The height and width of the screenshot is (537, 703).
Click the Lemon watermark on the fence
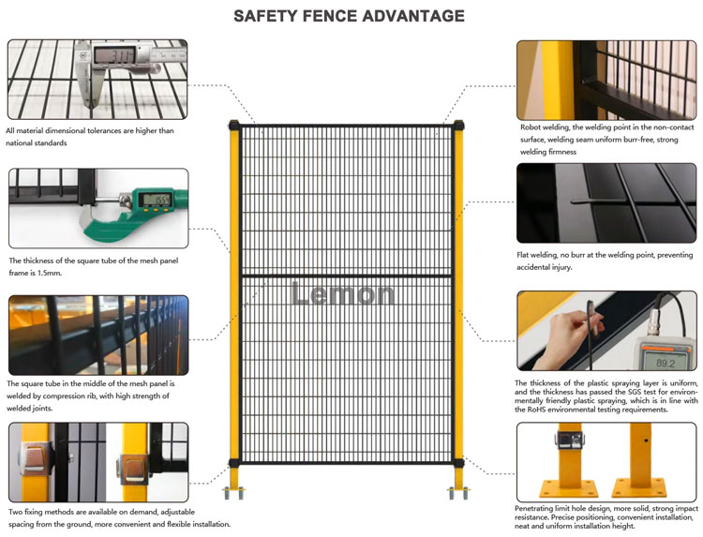pyautogui.click(x=343, y=293)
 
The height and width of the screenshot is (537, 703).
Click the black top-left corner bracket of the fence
pyautogui.click(x=234, y=125)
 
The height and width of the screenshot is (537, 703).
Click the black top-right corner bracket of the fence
pyautogui.click(x=457, y=125)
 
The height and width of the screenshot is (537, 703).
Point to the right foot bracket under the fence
pyautogui.click(x=458, y=491)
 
